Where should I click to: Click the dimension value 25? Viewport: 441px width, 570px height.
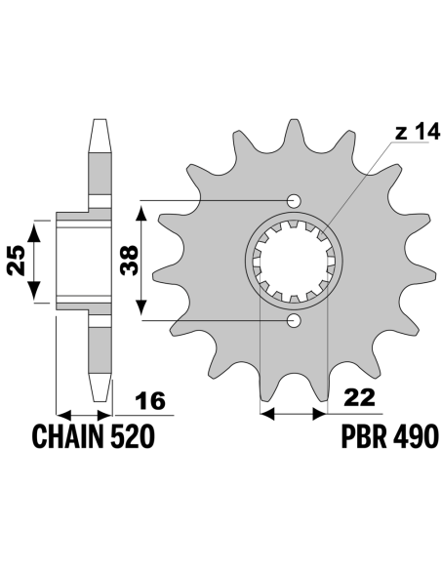(x=16, y=261)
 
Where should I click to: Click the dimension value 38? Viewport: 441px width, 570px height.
(x=130, y=260)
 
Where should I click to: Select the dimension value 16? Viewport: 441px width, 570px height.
(x=150, y=401)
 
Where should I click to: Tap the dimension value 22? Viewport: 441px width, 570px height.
(x=359, y=397)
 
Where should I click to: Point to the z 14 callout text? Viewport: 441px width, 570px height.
(x=417, y=131)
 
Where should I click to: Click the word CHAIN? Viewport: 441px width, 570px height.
(x=68, y=436)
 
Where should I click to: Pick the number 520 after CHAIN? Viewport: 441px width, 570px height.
(x=132, y=436)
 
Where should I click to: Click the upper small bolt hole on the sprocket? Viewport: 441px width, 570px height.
(x=294, y=200)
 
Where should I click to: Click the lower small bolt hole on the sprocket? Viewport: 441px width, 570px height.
(x=294, y=320)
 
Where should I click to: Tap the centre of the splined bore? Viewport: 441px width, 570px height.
(x=294, y=261)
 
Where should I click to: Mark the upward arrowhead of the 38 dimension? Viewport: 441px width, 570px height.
(x=141, y=212)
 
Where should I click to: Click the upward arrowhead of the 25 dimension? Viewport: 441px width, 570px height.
(x=34, y=231)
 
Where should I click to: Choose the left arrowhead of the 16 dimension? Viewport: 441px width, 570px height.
(x=64, y=415)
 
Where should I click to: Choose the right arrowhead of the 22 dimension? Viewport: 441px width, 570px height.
(x=319, y=414)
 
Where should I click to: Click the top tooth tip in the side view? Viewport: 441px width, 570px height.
(x=100, y=120)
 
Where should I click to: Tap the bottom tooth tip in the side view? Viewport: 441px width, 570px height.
(x=100, y=400)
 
